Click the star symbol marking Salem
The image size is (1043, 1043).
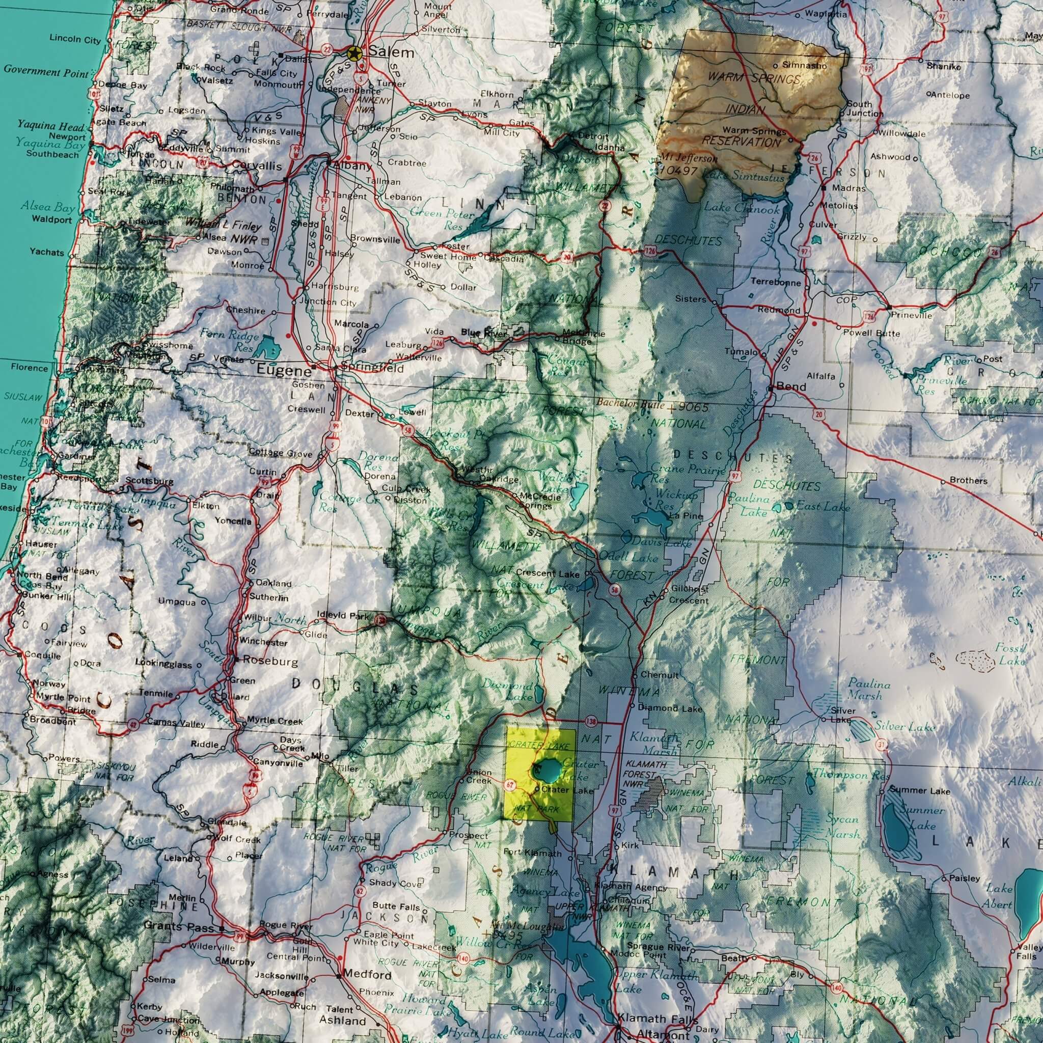pyautogui.click(x=354, y=53)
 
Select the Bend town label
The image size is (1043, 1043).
pyautogui.click(x=791, y=387)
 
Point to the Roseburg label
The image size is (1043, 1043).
pyautogui.click(x=270, y=660)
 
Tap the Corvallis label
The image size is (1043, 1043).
pyautogui.click(x=257, y=166)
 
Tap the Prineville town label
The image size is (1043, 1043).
pyautogui.click(x=911, y=315)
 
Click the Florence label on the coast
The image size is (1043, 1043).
pyautogui.click(x=29, y=368)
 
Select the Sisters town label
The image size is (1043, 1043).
pyautogui.click(x=691, y=298)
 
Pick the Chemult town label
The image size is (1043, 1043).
pyautogui.click(x=659, y=675)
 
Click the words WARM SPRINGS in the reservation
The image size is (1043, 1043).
pyautogui.click(x=754, y=79)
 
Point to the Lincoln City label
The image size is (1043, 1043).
pyautogui.click(x=75, y=39)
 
